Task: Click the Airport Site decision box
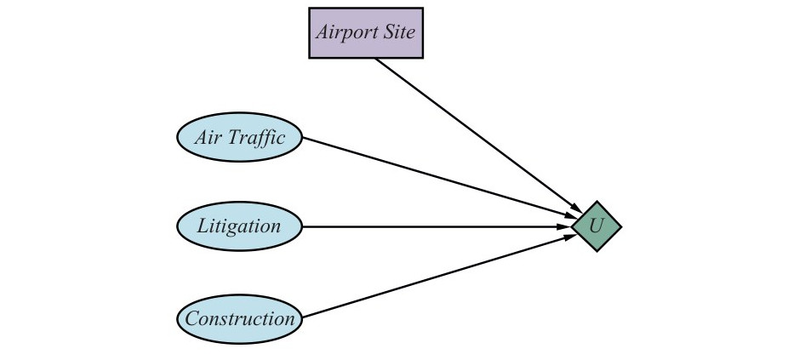point(366,33)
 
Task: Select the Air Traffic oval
point(240,137)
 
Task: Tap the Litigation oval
point(240,226)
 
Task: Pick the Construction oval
point(240,319)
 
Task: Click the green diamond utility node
point(597,226)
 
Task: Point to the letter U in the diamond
point(596,226)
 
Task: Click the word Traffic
point(255,138)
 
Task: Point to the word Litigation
point(239,227)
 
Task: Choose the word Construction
point(240,319)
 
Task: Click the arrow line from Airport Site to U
point(478,135)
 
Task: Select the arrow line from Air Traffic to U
point(440,178)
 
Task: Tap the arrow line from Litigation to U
point(437,226)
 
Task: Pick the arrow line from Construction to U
point(440,276)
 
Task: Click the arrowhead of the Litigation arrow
point(565,226)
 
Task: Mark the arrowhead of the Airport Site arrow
point(577,208)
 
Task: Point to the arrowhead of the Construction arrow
point(572,237)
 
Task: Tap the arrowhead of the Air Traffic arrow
point(572,217)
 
